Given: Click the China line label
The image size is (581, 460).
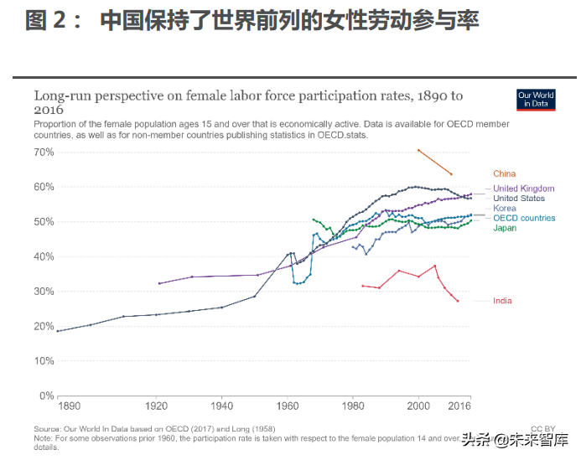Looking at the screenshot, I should click(505, 173).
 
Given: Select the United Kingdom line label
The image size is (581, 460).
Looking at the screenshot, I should click(523, 189).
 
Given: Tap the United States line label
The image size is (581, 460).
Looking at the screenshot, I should click(519, 199).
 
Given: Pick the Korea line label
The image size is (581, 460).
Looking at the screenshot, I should click(505, 209).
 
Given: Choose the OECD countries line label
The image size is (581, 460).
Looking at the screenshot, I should click(524, 218).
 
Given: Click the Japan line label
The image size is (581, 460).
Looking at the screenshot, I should click(505, 228).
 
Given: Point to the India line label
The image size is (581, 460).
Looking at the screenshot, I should click(502, 301).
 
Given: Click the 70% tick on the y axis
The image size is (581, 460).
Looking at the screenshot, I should click(44, 152).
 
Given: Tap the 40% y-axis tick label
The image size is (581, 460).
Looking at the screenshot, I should click(44, 257).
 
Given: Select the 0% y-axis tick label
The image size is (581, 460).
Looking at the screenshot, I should click(47, 396).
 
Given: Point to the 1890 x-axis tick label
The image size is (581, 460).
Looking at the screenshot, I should click(69, 406).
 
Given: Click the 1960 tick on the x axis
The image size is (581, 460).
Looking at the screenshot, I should click(288, 406).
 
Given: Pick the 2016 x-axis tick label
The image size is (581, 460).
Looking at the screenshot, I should click(459, 406).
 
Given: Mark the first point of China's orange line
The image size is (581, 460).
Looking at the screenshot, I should click(418, 150).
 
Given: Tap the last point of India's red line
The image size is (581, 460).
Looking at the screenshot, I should click(458, 301).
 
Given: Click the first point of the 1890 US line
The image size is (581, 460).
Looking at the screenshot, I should click(58, 331).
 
